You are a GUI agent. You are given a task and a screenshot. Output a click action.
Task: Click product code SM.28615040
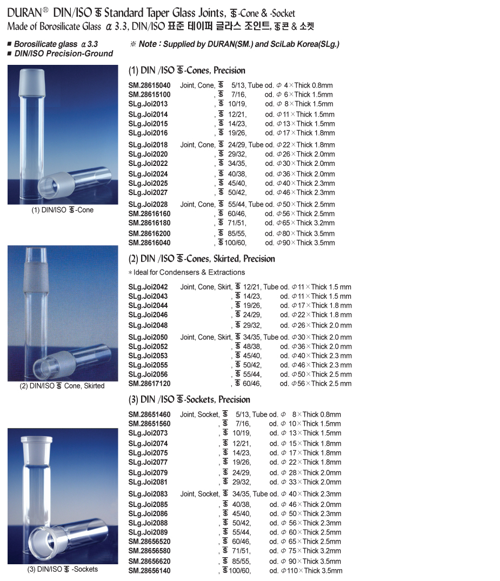click(x=149, y=85)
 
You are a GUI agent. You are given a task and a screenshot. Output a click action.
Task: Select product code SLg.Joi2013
click(x=148, y=104)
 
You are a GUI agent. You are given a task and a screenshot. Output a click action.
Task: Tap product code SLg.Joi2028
click(x=148, y=204)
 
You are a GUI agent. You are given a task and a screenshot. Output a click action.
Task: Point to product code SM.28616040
click(x=149, y=243)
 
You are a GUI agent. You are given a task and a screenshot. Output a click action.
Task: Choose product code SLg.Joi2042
click(x=148, y=287)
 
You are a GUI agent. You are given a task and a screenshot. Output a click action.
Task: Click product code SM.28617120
click(x=149, y=384)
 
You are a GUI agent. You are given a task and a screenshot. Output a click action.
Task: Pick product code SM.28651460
click(x=149, y=415)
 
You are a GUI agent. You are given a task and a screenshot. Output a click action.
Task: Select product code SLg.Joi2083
click(x=148, y=494)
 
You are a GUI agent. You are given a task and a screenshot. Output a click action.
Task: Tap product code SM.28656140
click(x=149, y=571)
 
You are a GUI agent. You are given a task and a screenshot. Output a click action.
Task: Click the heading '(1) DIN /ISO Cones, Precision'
click(x=186, y=70)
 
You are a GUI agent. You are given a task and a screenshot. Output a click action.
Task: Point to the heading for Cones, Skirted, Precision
click(x=201, y=259)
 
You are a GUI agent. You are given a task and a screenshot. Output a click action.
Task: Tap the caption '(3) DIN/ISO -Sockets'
click(x=63, y=569)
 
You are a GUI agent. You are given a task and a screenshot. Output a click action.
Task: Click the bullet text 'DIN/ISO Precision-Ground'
click(x=63, y=54)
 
